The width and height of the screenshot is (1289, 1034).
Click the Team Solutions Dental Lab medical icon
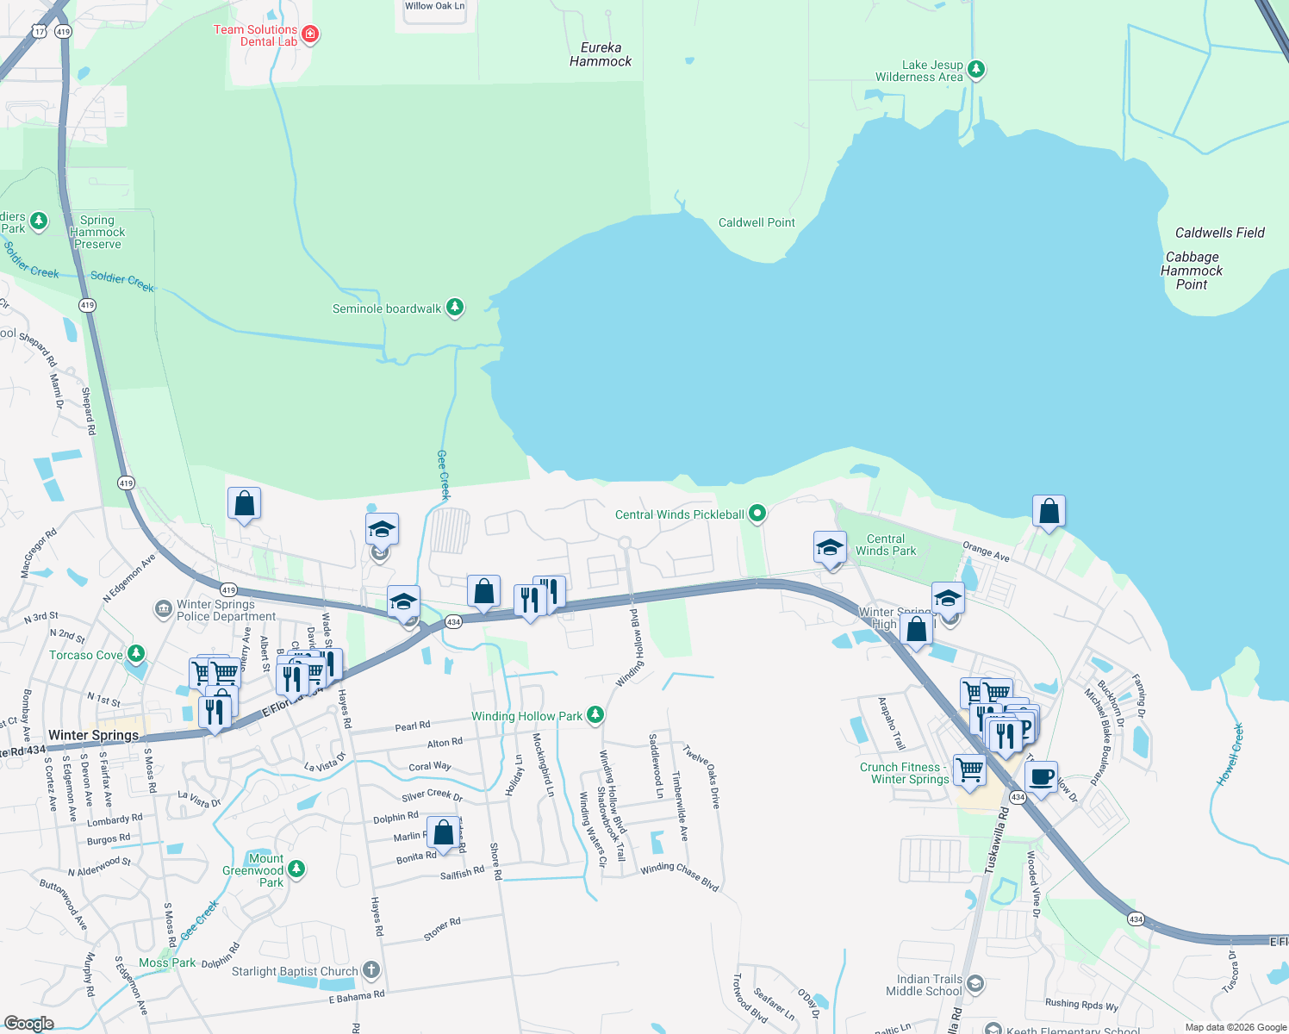tap(311, 34)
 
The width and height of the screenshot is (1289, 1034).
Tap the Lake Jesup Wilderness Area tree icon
tap(976, 70)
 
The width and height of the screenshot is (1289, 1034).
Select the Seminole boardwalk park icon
tap(455, 308)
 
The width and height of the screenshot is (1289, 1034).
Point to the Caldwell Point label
tap(757, 222)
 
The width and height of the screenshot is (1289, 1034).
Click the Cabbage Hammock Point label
tap(1192, 271)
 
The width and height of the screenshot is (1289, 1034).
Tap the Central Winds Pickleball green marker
tap(757, 514)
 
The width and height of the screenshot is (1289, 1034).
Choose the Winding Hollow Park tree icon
tap(595, 715)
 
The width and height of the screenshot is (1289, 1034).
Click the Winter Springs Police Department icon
tap(164, 610)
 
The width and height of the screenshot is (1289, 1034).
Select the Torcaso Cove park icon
tap(135, 655)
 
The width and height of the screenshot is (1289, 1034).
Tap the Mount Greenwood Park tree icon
tap(296, 869)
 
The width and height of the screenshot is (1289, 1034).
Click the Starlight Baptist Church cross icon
tap(371, 971)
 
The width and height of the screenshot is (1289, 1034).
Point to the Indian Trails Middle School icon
tap(975, 983)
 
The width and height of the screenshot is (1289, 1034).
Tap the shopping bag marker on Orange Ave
tap(1049, 512)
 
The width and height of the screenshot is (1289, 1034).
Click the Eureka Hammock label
tap(601, 54)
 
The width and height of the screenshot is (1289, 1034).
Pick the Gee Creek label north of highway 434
tap(444, 475)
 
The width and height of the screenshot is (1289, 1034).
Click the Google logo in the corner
tap(29, 1024)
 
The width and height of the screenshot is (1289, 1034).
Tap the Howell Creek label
tap(1230, 755)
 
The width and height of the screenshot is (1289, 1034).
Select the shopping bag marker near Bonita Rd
tap(443, 834)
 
